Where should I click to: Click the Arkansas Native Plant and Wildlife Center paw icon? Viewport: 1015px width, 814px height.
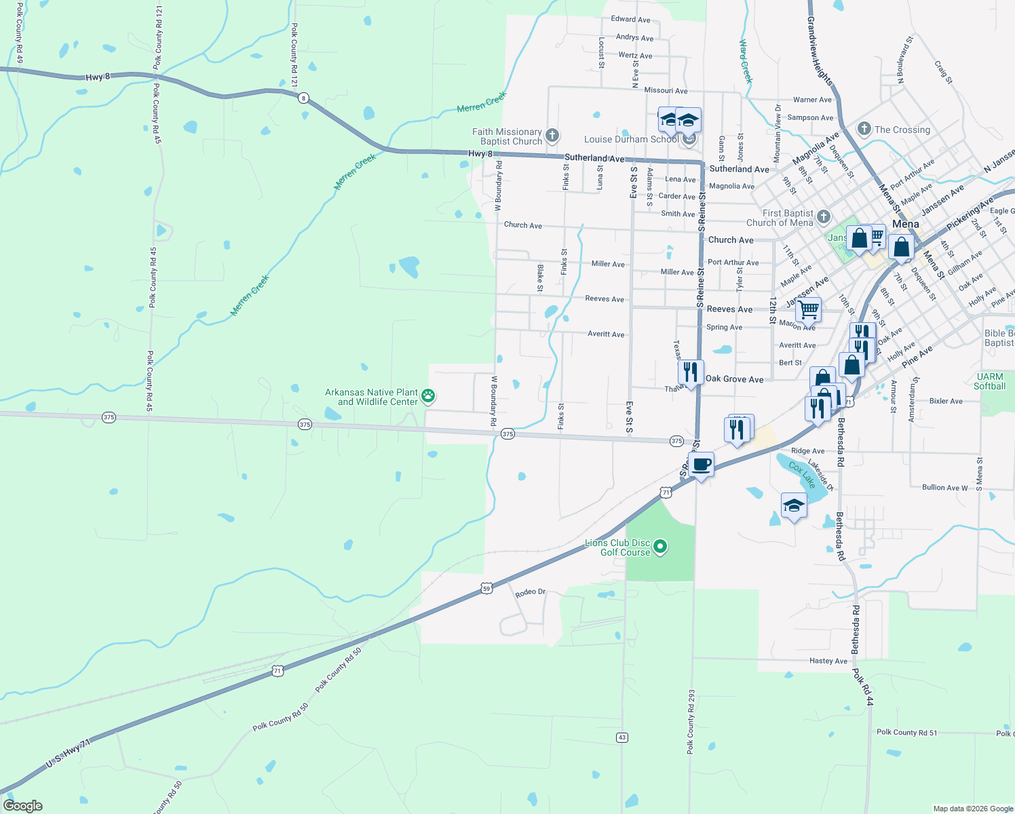(x=428, y=395)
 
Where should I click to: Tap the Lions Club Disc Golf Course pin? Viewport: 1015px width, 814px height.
(x=661, y=546)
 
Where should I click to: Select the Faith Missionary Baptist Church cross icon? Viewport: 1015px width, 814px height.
(x=552, y=135)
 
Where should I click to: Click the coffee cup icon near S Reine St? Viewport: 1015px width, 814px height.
(x=702, y=465)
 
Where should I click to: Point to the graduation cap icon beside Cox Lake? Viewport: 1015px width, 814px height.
(x=794, y=505)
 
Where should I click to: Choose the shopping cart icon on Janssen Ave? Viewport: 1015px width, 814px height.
(x=808, y=309)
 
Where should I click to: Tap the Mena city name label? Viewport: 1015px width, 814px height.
(x=906, y=224)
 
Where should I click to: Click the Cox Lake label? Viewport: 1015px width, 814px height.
(x=802, y=476)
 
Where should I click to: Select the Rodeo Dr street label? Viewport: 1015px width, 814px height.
(x=531, y=592)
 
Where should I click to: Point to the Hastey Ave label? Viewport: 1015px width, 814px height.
(x=828, y=661)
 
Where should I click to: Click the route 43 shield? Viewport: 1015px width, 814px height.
(x=622, y=737)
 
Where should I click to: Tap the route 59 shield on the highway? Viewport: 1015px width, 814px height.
(x=486, y=589)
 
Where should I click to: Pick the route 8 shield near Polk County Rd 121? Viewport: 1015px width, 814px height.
(x=303, y=98)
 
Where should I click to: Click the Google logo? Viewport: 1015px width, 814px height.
(x=23, y=805)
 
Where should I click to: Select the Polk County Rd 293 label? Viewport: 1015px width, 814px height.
(x=691, y=722)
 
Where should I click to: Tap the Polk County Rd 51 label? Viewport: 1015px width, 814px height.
(x=906, y=732)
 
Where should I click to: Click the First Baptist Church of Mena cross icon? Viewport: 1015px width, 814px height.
(x=824, y=217)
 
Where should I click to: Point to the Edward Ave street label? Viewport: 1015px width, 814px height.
(x=630, y=20)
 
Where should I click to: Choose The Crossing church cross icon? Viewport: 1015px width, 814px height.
(x=864, y=129)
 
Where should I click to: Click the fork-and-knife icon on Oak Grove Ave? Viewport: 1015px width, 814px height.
(x=690, y=372)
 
